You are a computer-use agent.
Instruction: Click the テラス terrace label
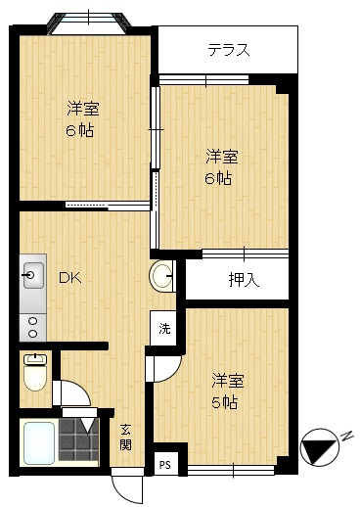[x=228, y=50]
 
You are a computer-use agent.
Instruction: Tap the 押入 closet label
[x=243, y=280]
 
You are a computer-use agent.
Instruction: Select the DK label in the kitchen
[x=68, y=278]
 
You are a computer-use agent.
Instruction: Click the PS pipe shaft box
[x=164, y=464]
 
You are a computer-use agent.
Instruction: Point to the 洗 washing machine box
[x=164, y=328]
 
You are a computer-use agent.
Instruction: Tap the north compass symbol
[x=320, y=447]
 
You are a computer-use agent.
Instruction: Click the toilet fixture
[x=36, y=372]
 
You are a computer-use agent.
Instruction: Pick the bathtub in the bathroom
[x=39, y=443]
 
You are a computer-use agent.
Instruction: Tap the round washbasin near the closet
[x=162, y=277]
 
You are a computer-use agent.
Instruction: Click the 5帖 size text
[x=224, y=402]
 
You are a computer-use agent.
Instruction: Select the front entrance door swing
[x=125, y=484]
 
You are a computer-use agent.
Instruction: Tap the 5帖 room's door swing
[x=162, y=368]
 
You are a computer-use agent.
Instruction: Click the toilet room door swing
[x=71, y=393]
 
